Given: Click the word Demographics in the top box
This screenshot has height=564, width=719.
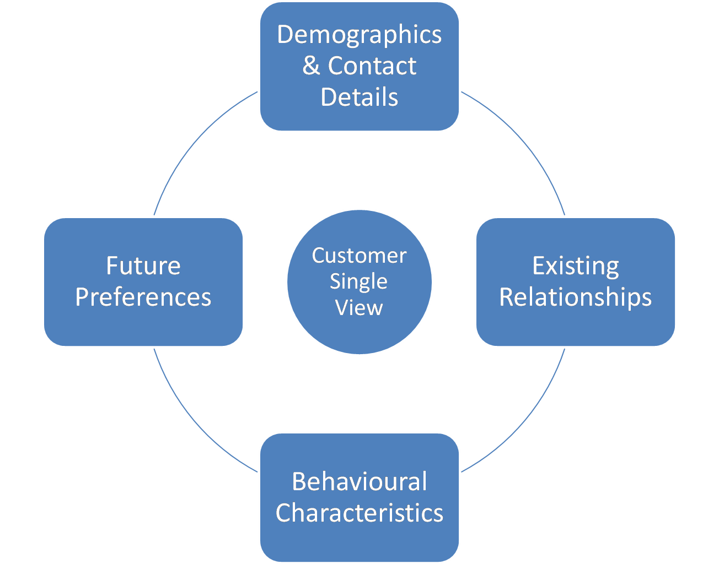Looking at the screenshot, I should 359,35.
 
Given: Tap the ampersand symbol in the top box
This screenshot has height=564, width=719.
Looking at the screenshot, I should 311,66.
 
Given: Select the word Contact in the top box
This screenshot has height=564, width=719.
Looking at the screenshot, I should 372,66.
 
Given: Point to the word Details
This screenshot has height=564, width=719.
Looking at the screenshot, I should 359,97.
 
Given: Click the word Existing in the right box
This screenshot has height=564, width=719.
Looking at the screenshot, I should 575,266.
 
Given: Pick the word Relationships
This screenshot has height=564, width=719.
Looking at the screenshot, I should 575,297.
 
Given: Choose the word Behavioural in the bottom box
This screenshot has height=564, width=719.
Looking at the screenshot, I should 359,482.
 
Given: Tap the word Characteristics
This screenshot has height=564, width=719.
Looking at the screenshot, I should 359,513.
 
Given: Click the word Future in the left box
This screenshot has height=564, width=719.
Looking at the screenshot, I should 143,266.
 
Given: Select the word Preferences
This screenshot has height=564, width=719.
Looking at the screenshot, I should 143,297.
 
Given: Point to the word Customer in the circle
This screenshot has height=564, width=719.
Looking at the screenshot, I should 359,256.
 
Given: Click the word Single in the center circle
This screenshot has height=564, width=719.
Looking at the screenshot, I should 358,281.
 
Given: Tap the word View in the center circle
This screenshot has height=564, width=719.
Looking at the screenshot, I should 359,308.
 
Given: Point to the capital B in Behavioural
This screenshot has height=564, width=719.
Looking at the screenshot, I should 299,482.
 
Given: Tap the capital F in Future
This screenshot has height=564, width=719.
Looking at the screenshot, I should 112,266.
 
